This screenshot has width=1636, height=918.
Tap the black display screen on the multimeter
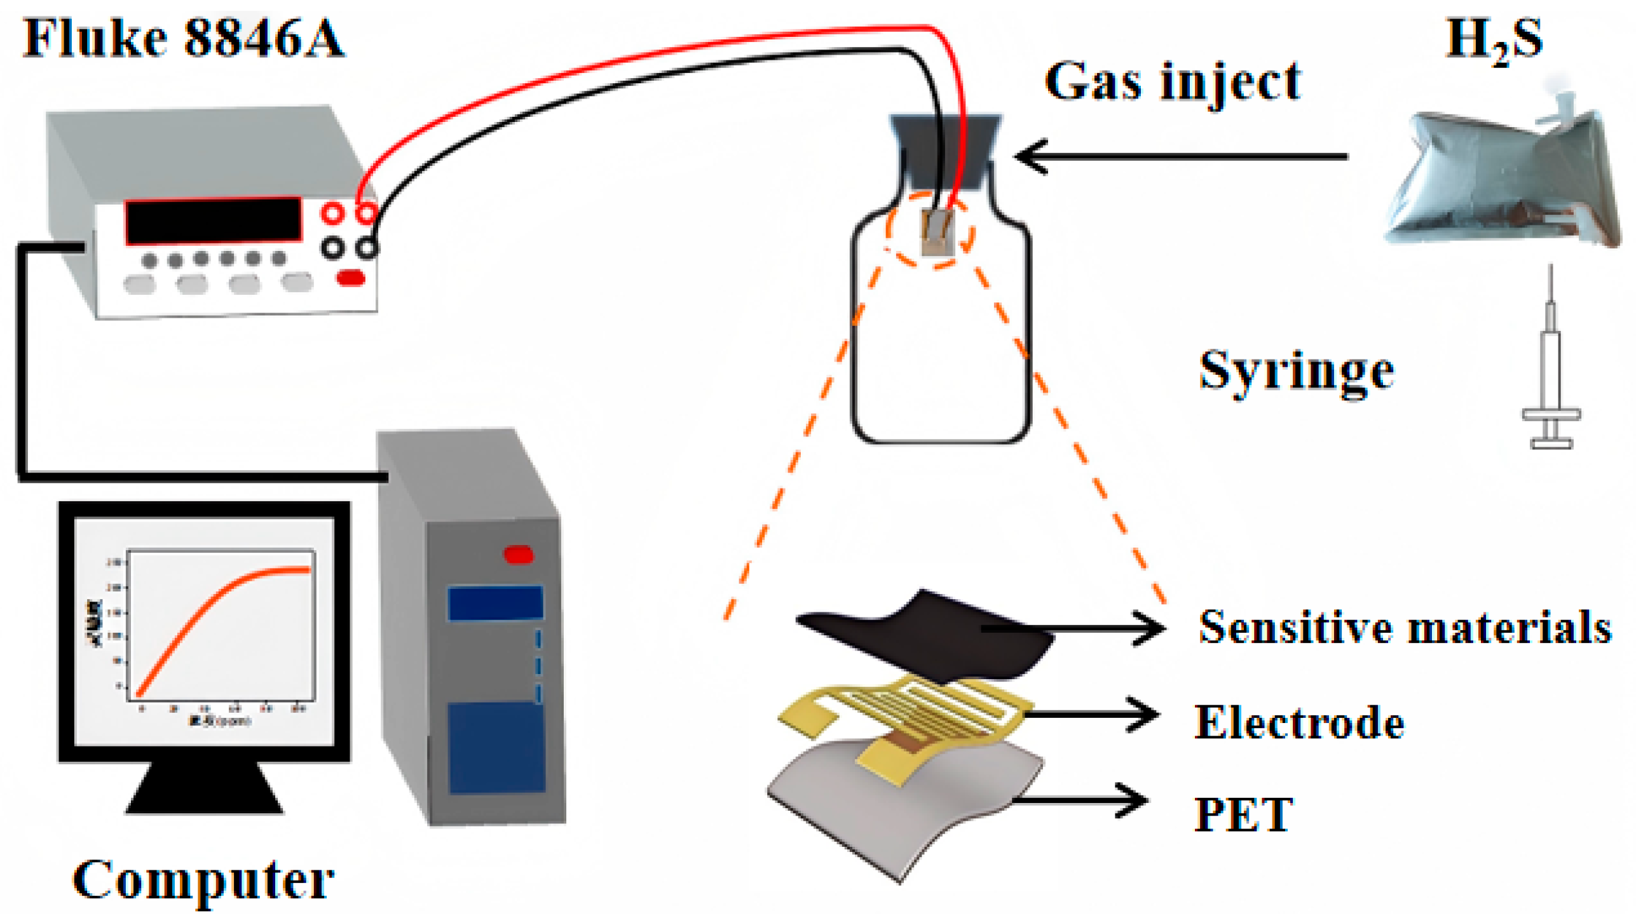(x=213, y=220)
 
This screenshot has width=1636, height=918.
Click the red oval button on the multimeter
(x=350, y=278)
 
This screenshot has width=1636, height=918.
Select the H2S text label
(x=1493, y=39)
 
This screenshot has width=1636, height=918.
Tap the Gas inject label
(x=1173, y=83)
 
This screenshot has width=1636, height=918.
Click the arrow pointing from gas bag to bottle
(x=1182, y=156)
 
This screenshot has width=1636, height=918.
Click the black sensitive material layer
(x=922, y=635)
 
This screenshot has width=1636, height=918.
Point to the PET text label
(x=1243, y=814)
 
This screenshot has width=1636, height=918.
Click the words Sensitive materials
(x=1405, y=628)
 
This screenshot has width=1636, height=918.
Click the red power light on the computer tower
(x=518, y=555)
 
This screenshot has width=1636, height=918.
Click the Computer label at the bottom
(x=203, y=880)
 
